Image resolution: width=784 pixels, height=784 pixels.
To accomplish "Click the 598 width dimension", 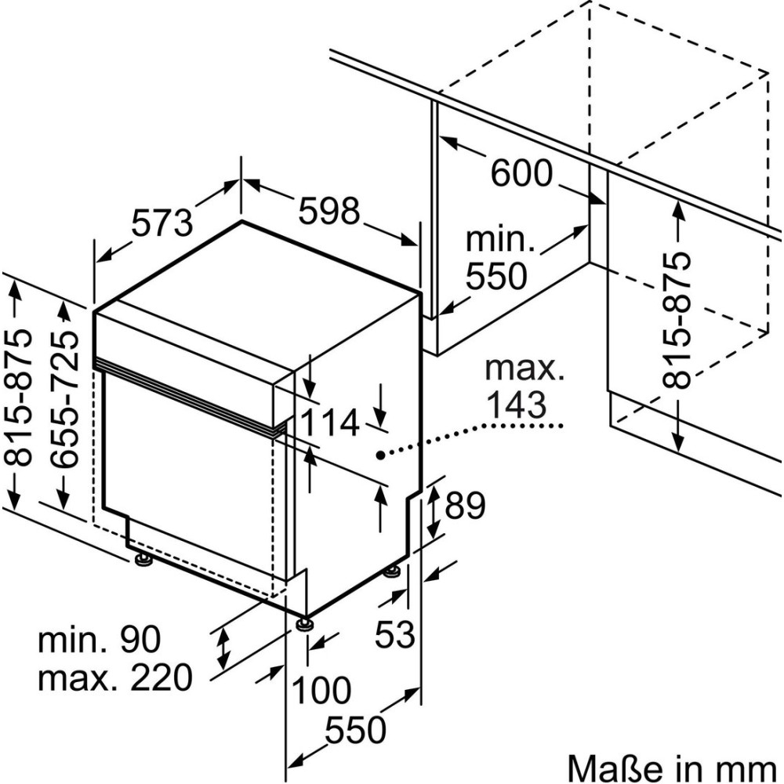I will [329, 210].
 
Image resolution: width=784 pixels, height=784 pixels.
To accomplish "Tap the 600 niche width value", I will [521, 173].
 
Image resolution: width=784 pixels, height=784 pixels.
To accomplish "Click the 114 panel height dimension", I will [330, 423].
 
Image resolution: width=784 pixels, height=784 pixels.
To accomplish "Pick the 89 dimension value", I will [466, 506].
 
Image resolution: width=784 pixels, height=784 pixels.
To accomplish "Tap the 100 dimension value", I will [321, 691].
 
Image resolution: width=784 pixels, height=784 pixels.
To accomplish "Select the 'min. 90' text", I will [100, 641].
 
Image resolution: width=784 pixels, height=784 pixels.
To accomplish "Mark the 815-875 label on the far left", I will [24, 397].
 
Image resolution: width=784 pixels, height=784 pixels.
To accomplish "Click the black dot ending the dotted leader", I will [379, 455].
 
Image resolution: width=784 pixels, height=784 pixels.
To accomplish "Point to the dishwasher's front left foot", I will [143, 560].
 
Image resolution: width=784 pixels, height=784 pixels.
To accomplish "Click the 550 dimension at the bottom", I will [356, 731].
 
